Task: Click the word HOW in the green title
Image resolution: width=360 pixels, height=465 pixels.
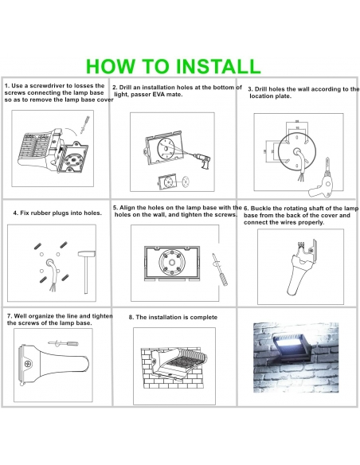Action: (112, 66)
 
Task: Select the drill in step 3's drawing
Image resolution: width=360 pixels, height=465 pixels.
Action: (321, 182)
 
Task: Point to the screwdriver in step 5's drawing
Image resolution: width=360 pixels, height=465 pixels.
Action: (220, 269)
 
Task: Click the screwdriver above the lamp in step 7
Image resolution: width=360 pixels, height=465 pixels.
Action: (64, 343)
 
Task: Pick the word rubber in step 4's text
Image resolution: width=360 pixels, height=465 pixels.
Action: (41, 213)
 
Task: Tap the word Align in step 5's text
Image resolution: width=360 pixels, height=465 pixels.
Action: (127, 208)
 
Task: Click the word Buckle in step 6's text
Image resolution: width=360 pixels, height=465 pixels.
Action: (260, 208)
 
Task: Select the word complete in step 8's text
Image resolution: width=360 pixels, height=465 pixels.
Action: (204, 318)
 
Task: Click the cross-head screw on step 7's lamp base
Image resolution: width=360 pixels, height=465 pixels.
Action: (28, 363)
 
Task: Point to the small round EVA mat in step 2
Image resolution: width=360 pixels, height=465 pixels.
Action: (186, 181)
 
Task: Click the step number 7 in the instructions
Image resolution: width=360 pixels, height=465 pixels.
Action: (9, 316)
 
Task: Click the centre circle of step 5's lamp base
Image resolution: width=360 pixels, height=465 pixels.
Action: (172, 263)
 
